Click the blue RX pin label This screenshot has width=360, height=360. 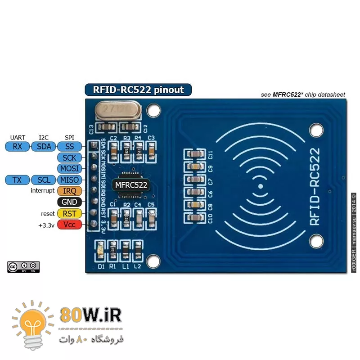[18, 146]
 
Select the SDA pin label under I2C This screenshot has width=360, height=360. [44, 146]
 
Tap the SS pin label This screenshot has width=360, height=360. [69, 146]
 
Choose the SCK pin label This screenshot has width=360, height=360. [69, 157]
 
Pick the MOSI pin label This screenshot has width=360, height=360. [69, 169]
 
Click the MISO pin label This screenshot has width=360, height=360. [69, 180]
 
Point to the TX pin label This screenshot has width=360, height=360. [18, 180]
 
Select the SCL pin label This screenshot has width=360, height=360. [44, 180]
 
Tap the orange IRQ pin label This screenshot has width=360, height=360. [69, 191]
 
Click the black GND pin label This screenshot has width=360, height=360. [69, 202]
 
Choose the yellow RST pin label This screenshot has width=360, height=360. [69, 213]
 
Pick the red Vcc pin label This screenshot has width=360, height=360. [69, 225]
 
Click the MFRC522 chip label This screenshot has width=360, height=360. [131, 184]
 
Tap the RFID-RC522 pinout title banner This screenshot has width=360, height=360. [138, 90]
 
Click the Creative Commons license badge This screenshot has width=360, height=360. [23, 267]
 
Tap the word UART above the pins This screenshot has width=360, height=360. [18, 137]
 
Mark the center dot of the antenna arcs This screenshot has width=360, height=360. [260, 186]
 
